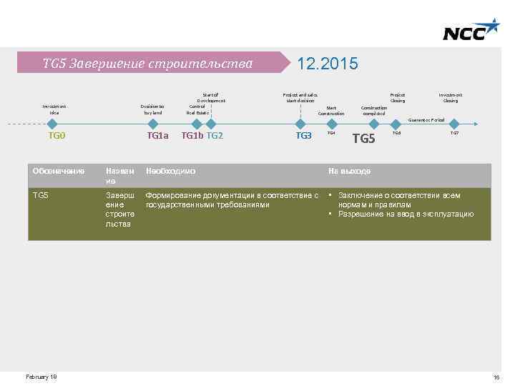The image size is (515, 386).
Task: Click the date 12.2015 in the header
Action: tap(327, 64)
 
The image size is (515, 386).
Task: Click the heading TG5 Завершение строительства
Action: tap(147, 64)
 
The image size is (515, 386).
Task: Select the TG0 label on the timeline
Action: tap(57, 135)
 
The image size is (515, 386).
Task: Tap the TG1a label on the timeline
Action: tap(157, 135)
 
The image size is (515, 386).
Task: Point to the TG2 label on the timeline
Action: tap(215, 135)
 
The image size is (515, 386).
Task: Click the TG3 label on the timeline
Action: tap(304, 135)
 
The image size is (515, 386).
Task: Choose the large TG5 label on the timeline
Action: tap(364, 138)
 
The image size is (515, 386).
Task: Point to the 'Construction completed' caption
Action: tap(374, 109)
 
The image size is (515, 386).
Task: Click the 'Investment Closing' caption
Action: tap(451, 97)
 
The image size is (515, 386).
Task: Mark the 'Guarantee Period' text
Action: tap(427, 120)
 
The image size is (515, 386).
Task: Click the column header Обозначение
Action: tap(59, 172)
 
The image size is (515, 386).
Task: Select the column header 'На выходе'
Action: tap(350, 172)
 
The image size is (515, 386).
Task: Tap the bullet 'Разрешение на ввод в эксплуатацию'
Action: tap(406, 214)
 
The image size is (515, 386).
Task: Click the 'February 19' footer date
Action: tap(41, 377)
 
